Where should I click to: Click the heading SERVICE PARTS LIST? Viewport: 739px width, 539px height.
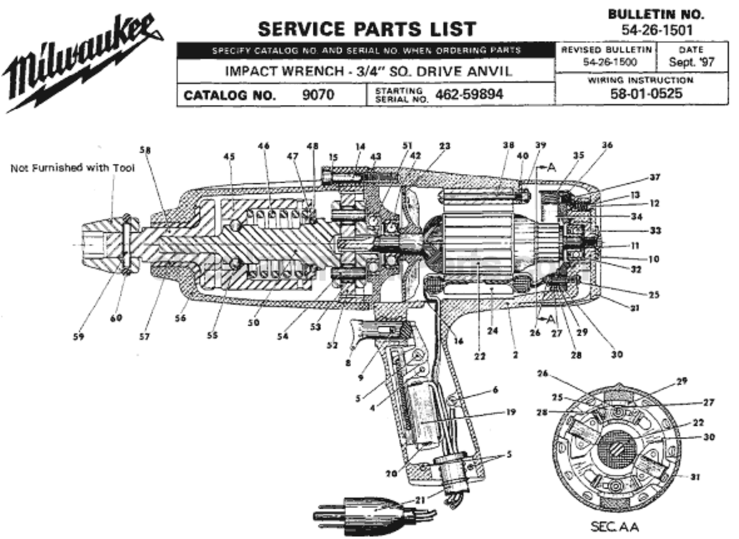[366, 29]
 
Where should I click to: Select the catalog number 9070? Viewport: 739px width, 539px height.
[317, 94]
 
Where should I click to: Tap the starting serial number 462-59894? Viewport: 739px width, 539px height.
[470, 94]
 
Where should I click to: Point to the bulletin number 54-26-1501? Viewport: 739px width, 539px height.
[656, 29]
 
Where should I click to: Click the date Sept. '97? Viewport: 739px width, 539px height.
[692, 63]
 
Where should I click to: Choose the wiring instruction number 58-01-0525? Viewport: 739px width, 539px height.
[646, 93]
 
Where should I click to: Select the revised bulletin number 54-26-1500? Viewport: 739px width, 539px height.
[607, 63]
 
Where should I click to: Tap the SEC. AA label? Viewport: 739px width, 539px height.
[614, 527]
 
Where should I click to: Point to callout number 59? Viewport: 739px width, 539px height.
[78, 336]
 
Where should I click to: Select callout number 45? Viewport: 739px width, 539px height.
[229, 156]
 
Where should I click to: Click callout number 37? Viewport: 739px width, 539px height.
[654, 177]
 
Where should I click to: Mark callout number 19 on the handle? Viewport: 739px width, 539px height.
[511, 413]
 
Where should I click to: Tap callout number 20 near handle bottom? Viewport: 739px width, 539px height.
[391, 474]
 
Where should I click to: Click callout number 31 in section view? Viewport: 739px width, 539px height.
[694, 476]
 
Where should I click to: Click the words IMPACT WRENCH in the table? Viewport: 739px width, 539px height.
[276, 72]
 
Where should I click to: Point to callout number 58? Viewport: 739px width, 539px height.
[146, 150]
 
